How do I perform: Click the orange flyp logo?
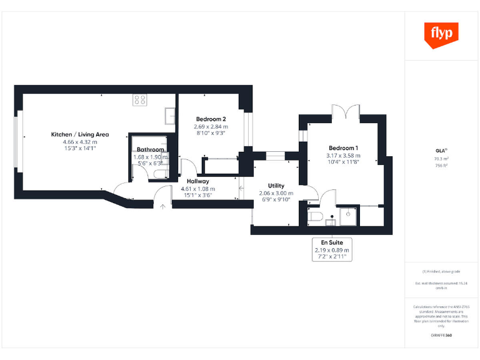(442, 35)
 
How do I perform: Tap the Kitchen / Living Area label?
(80, 134)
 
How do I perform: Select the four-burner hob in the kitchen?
(139, 99)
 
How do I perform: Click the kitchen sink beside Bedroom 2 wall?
(170, 114)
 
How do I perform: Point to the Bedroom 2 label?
(211, 119)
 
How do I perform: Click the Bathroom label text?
(151, 150)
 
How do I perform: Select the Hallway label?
(197, 181)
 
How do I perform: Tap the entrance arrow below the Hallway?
(162, 205)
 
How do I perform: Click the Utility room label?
(276, 186)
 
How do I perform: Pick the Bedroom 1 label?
(343, 147)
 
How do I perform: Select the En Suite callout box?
(332, 249)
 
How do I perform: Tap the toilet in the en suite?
(315, 216)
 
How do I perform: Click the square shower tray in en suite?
(347, 215)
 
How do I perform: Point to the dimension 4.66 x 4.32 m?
(80, 142)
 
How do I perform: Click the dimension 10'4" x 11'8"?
(343, 162)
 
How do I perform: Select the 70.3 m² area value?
(442, 159)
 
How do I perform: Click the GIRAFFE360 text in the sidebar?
(442, 336)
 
